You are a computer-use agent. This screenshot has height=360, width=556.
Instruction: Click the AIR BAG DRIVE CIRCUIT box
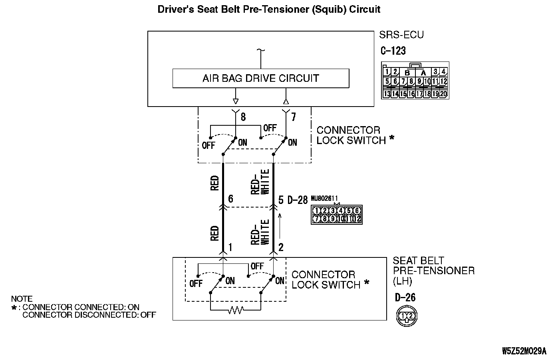260,78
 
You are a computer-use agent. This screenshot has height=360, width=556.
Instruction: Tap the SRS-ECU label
401,35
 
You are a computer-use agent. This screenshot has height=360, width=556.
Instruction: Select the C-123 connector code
393,51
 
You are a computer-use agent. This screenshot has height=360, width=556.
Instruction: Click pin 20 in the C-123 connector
443,94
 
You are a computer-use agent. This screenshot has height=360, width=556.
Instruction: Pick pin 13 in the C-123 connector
387,94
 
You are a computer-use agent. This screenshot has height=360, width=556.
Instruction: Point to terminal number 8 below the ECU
243,117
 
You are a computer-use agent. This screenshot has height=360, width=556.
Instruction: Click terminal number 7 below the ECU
294,117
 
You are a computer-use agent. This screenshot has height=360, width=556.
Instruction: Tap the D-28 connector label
298,200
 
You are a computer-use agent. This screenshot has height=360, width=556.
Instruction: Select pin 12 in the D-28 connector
357,218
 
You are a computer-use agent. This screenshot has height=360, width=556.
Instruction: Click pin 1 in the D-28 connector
316,211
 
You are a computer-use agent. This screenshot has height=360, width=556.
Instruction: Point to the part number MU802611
324,198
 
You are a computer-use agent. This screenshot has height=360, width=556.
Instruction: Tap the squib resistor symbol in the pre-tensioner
236,310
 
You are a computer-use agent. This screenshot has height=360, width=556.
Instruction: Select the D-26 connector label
405,297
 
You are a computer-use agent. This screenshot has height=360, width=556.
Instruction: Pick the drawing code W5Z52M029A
524,351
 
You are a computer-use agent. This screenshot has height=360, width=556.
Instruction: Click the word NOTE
22,299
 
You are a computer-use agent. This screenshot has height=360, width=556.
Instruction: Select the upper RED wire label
214,183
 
